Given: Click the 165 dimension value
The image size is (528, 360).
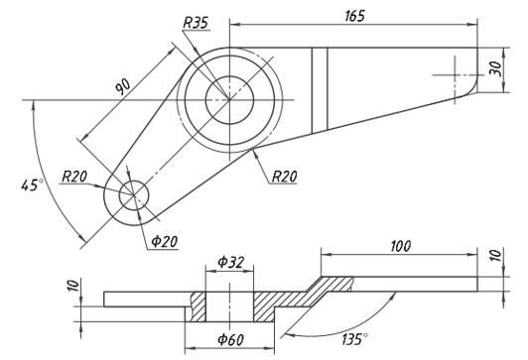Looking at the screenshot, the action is pyautogui.click(x=355, y=16).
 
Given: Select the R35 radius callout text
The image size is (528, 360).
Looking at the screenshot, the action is pyautogui.click(x=196, y=23).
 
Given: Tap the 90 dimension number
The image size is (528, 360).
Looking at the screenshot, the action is pyautogui.click(x=123, y=86).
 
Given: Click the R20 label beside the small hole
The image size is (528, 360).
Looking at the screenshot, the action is pyautogui.click(x=74, y=177).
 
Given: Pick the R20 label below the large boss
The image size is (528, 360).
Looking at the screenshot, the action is pyautogui.click(x=285, y=176).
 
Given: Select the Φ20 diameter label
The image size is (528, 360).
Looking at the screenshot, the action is pyautogui.click(x=164, y=241).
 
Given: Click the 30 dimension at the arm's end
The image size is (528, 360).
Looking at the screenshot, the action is pyautogui.click(x=495, y=68).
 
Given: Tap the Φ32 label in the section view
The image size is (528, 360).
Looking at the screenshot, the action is pyautogui.click(x=230, y=262).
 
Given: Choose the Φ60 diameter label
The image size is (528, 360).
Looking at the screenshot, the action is pyautogui.click(x=230, y=339).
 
